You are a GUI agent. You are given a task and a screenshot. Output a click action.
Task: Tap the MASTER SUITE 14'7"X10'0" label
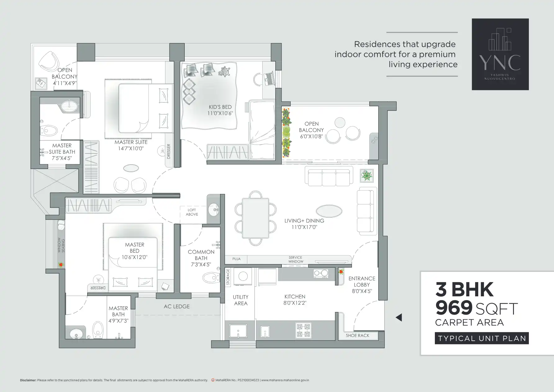pyautogui.click(x=131, y=145)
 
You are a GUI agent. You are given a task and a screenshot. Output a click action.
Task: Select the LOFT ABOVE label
pyautogui.click(x=192, y=212)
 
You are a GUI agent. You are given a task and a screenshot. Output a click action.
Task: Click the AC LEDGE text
pyautogui.click(x=177, y=307)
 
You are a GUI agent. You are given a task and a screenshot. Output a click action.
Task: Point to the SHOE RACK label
pyautogui.click(x=358, y=336)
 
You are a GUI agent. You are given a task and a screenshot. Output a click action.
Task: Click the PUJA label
pyautogui.click(x=236, y=259)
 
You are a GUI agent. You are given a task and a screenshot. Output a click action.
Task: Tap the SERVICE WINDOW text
pyautogui.click(x=295, y=259)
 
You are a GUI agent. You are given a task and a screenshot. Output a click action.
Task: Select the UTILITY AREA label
pyautogui.click(x=241, y=300)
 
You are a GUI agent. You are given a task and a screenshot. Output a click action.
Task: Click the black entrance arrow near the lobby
pyautogui.click(x=399, y=317)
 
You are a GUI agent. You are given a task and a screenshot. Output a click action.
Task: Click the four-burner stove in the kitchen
pyautogui.click(x=303, y=330)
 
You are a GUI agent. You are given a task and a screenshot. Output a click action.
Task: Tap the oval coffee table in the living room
pyautogui.click(x=329, y=211)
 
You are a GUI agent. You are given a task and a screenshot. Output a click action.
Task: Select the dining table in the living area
pyautogui.click(x=255, y=218)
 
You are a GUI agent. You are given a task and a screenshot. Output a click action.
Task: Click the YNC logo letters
pyautogui.click(x=500, y=62)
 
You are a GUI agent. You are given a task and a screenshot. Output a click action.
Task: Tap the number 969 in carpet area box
pyautogui.click(x=453, y=308)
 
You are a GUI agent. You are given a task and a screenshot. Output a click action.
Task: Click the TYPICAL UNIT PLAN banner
pyautogui.click(x=482, y=338)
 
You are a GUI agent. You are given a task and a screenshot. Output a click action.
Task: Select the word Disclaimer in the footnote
pyautogui.click(x=28, y=380)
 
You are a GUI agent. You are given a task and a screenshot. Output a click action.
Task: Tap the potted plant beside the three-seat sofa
pyautogui.click(x=367, y=176)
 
